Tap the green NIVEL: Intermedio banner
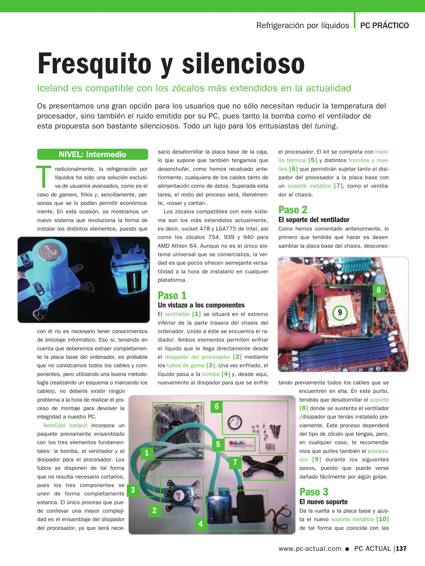[92, 154]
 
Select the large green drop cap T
[44, 176]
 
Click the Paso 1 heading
[172, 295]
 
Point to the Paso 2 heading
[293, 210]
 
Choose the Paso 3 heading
[314, 492]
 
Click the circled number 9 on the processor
[340, 313]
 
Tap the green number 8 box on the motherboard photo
[378, 290]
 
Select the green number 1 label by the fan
[147, 453]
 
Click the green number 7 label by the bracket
[235, 462]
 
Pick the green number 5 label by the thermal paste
[218, 444]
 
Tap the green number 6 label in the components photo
[217, 406]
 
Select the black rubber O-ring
[235, 423]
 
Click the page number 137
[401, 548]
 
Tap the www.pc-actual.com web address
[310, 548]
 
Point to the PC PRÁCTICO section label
[384, 25]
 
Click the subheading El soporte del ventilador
[314, 220]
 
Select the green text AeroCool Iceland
[65, 425]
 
